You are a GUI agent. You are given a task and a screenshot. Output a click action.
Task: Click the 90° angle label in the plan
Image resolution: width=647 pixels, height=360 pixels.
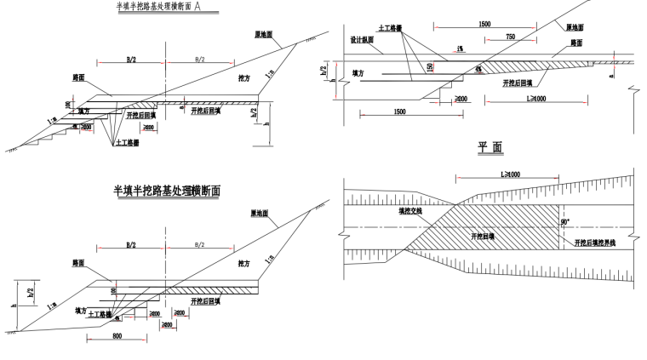(x=565, y=223)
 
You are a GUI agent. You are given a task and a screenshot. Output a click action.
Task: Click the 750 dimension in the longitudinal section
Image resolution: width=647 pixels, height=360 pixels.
(x=509, y=37)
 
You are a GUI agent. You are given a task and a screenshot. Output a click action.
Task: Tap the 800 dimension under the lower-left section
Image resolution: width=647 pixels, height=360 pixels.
(x=117, y=337)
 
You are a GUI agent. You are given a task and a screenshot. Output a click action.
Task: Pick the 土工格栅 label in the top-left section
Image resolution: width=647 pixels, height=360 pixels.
(x=128, y=144)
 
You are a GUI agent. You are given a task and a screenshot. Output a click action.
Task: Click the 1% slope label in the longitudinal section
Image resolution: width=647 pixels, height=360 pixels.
(x=461, y=48)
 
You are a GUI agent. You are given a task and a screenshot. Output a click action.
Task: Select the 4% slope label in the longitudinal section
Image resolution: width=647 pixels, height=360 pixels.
(x=478, y=68)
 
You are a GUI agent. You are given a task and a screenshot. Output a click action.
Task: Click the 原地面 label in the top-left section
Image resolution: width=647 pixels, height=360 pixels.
(x=262, y=35)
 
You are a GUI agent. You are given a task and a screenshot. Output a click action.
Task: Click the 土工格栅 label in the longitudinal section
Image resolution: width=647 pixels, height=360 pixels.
(x=391, y=29)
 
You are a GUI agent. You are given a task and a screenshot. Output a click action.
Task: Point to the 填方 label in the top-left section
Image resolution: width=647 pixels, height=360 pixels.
(x=83, y=111)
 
